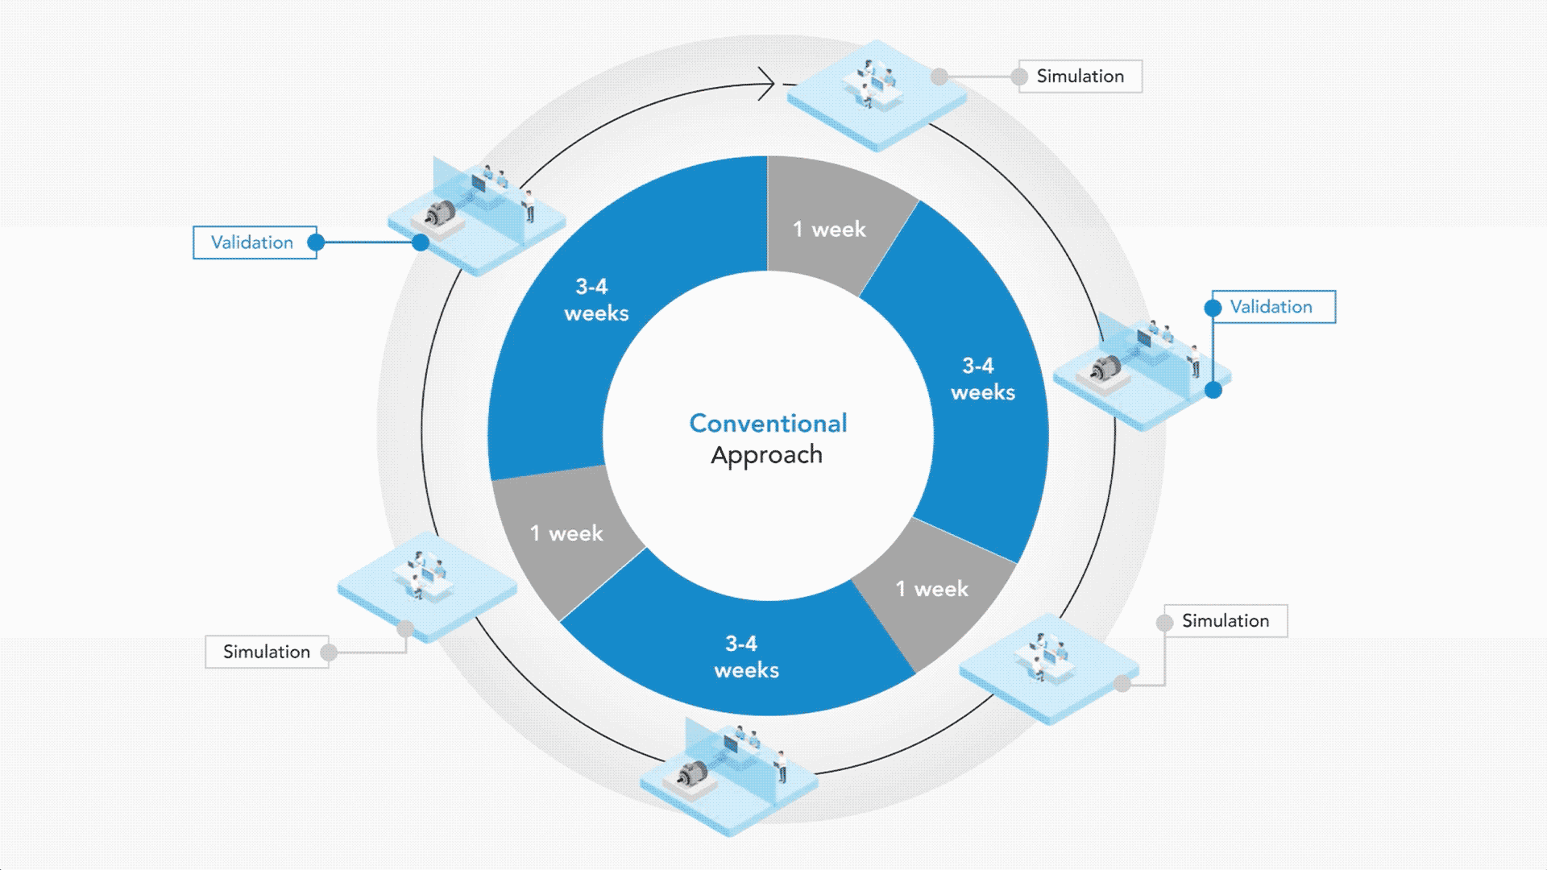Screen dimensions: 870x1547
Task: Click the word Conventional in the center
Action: (768, 423)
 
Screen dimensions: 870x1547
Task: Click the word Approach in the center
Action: (766, 455)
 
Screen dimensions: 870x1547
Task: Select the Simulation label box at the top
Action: (1080, 77)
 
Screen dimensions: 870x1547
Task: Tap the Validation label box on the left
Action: (254, 242)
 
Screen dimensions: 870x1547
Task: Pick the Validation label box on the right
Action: (1273, 307)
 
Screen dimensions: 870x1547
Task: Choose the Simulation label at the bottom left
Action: (267, 652)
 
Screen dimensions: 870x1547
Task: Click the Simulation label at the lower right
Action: (1226, 621)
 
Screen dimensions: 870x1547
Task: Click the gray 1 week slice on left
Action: (566, 533)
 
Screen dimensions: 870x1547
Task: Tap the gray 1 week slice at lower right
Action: (931, 590)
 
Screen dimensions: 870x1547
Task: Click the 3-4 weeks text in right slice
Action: (982, 379)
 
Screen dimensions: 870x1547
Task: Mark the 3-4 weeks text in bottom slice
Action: (746, 657)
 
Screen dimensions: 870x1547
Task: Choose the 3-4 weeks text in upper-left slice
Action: (595, 300)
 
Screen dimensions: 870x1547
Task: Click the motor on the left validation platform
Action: (440, 213)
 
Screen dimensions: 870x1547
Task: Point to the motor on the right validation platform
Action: (1105, 368)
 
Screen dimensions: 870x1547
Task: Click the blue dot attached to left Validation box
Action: (316, 242)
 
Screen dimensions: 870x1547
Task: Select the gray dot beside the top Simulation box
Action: (1019, 77)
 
